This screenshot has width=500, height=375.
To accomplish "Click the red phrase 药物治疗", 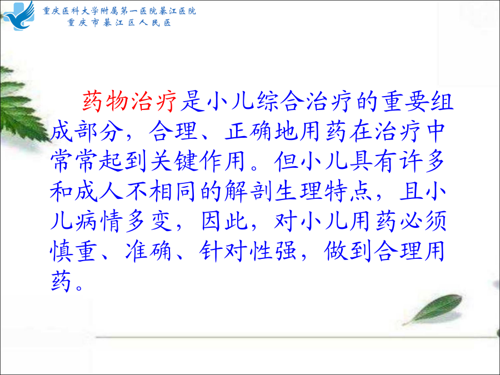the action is click(x=129, y=102).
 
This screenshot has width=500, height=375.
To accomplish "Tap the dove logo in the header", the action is click(x=19, y=16).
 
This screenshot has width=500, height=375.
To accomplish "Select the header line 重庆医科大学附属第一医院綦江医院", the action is click(x=119, y=11).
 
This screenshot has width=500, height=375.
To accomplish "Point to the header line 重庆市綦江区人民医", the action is click(x=119, y=23).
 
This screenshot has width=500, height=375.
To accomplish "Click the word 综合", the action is click(x=280, y=102).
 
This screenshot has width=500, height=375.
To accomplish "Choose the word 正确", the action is click(x=249, y=131).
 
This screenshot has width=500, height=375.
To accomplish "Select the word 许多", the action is click(x=421, y=161).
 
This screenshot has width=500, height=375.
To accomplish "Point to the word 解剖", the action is click(x=248, y=191).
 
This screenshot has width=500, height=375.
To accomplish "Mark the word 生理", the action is click(x=298, y=191).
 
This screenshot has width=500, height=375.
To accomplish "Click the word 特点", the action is click(x=348, y=191).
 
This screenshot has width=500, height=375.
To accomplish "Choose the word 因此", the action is click(x=224, y=221).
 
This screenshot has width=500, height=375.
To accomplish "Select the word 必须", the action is click(x=422, y=221).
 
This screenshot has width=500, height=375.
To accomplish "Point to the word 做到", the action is click(x=348, y=251).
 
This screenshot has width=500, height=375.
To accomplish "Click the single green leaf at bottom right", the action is click(x=433, y=309).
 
